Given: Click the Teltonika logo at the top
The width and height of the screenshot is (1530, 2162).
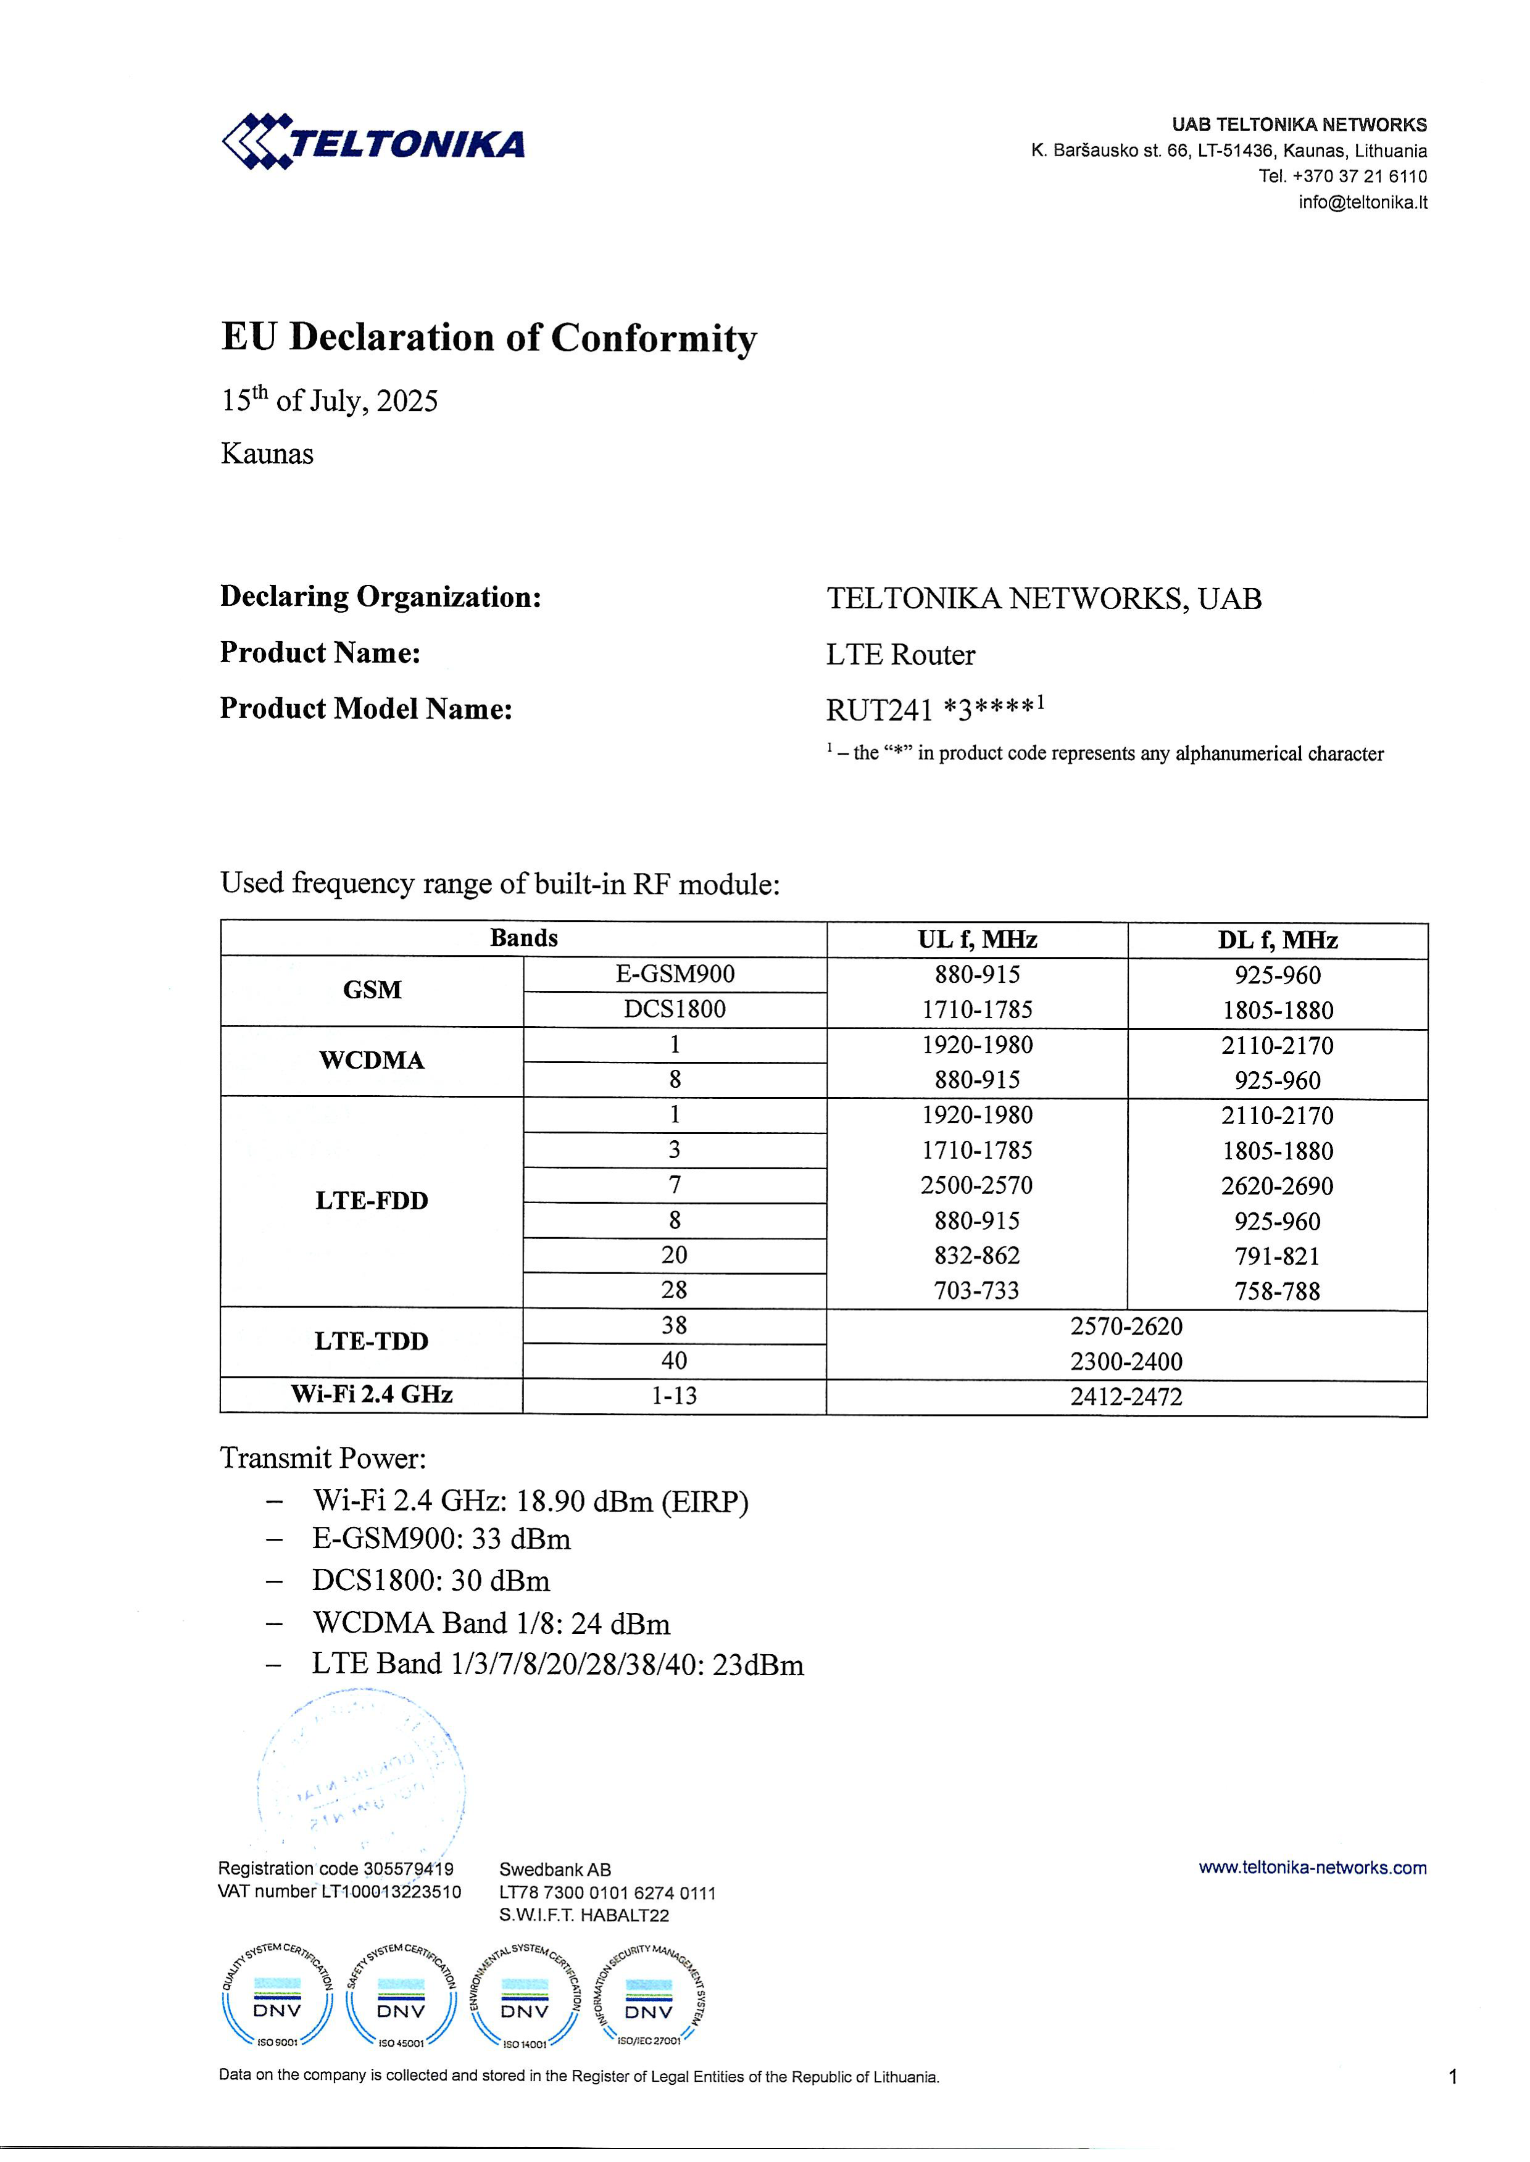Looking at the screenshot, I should pyautogui.click(x=373, y=142).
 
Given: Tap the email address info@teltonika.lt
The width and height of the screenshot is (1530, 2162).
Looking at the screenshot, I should pyautogui.click(x=1362, y=202).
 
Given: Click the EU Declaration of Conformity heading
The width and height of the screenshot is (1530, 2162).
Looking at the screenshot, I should pyautogui.click(x=489, y=337).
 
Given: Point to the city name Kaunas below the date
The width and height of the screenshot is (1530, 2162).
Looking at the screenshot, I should pyautogui.click(x=267, y=454).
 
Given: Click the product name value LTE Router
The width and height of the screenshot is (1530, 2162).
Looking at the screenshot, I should pyautogui.click(x=900, y=655).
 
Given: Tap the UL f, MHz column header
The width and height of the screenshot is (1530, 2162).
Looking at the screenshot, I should pyautogui.click(x=977, y=939).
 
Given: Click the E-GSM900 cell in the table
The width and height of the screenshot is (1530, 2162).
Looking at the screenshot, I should pyautogui.click(x=675, y=975).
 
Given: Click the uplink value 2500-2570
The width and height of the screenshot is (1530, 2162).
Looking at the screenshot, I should pyautogui.click(x=977, y=1185).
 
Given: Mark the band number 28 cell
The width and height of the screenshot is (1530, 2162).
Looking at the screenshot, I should pyautogui.click(x=675, y=1290).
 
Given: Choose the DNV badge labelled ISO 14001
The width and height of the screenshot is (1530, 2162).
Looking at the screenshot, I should pyautogui.click(x=525, y=1997).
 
